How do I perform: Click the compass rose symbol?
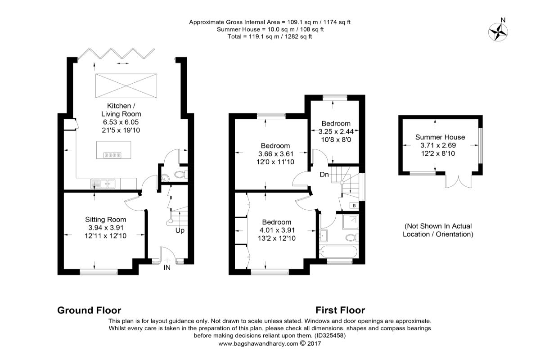[x=498, y=32]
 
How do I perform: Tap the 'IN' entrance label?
[x=167, y=268]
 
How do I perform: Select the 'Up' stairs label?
[x=180, y=231]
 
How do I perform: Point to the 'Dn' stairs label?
[x=324, y=174]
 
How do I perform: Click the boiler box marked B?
[x=354, y=206]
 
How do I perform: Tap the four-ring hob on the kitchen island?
[x=112, y=155]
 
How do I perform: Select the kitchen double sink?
[x=103, y=184]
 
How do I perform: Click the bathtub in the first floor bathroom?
[x=339, y=252]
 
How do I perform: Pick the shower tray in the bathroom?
[x=351, y=222]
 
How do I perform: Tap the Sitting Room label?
[x=106, y=220]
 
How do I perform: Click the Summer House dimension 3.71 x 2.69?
[x=438, y=145]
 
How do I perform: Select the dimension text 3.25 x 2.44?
[x=336, y=132]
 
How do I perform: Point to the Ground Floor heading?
[x=89, y=310]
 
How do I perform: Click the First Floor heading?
[x=340, y=310]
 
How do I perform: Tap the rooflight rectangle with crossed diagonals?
[x=126, y=86]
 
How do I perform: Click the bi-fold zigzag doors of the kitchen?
[x=116, y=53]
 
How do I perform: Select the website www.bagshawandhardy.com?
[x=258, y=344]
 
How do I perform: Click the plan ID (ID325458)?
[x=330, y=336]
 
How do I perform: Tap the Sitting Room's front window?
[x=99, y=272]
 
